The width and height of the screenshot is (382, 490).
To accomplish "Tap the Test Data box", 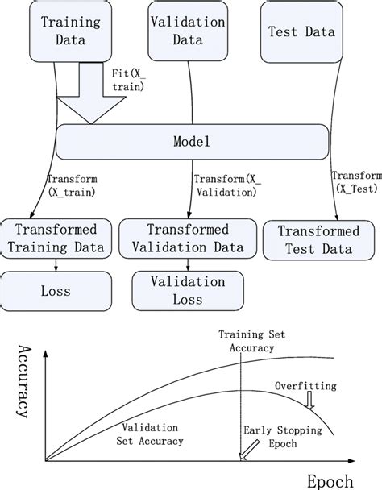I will click(301, 32).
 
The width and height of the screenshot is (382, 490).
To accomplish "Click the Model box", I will click(191, 143).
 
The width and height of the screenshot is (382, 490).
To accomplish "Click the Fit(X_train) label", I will click(127, 78).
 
